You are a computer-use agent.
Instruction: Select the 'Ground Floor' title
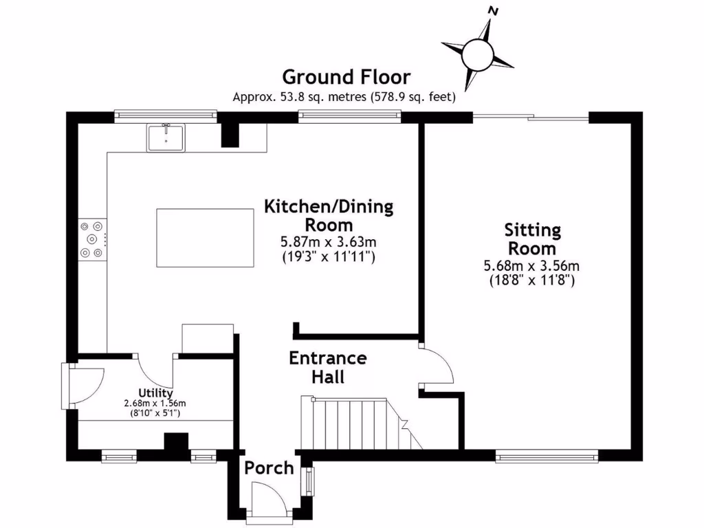[346, 77]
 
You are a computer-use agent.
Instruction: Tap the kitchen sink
[166, 137]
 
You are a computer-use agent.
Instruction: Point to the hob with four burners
[93, 239]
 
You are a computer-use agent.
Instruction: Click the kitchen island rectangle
[205, 238]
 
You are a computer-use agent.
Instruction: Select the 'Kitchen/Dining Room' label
[329, 215]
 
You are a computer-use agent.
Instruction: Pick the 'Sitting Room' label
[533, 239]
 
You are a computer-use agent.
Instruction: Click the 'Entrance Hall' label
[327, 367]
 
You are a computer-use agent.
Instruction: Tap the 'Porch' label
[269, 468]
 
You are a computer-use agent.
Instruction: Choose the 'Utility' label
[155, 392]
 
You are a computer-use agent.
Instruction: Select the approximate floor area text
[344, 97]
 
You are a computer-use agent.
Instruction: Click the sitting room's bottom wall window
[547, 454]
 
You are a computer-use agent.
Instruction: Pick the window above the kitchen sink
[165, 115]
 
